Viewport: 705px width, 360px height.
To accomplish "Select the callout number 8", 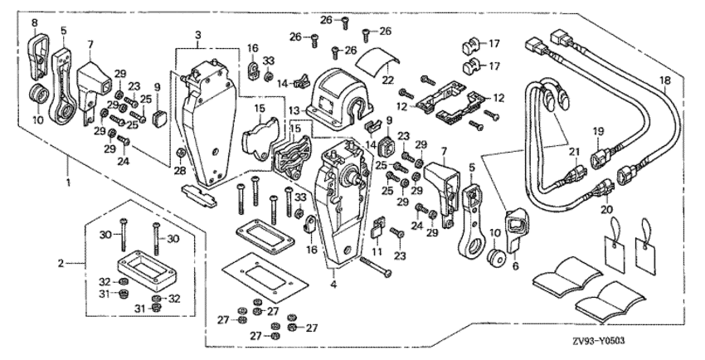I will click(34, 20).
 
